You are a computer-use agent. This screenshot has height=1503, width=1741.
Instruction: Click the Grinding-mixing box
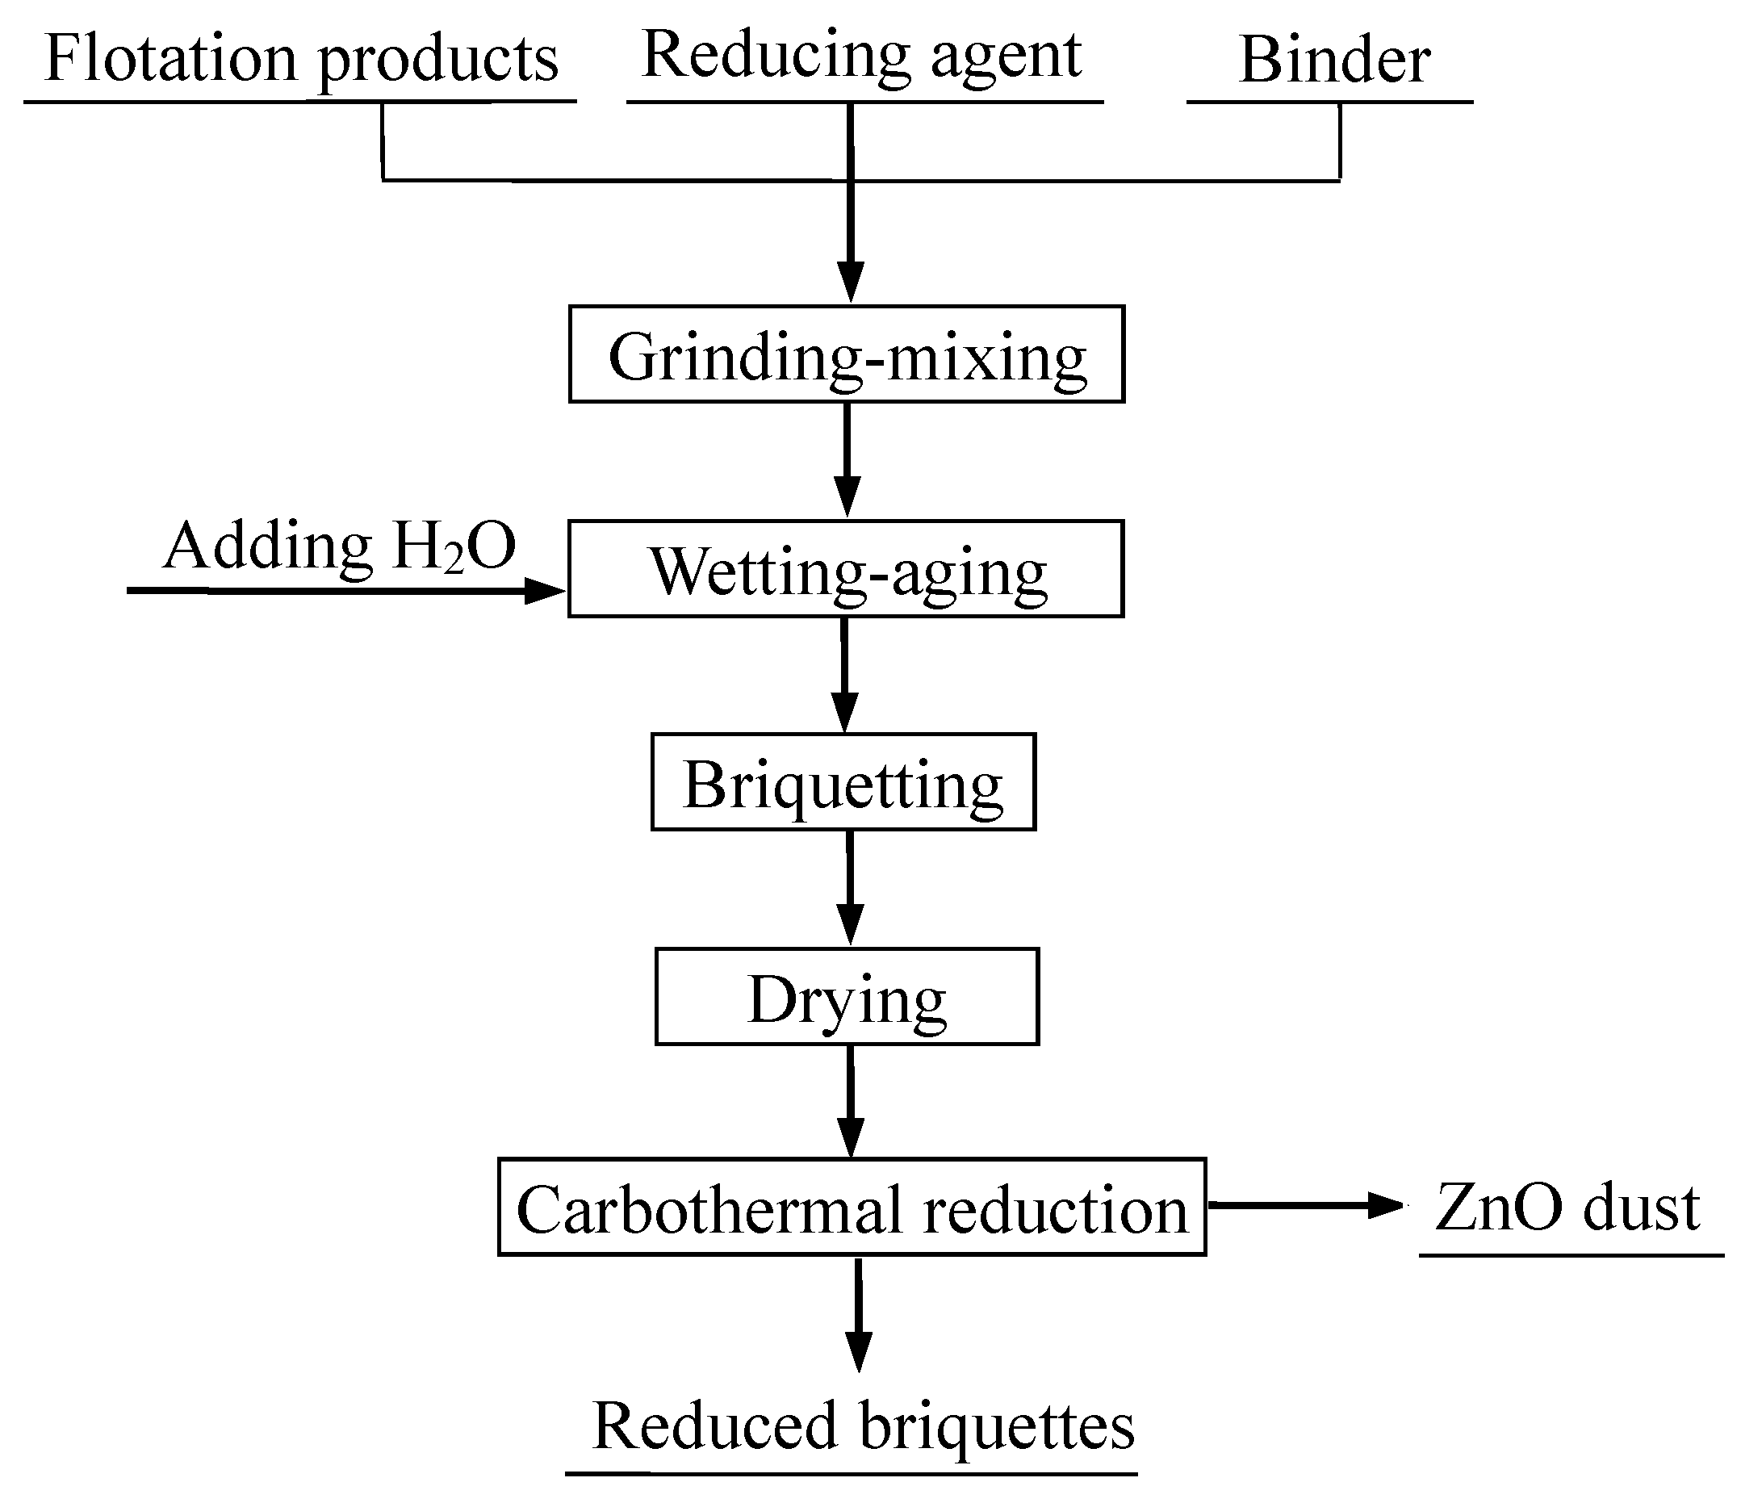click(846, 354)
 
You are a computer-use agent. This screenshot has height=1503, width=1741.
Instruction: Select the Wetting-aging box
click(845, 569)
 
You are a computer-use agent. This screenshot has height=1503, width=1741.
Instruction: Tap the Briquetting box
click(843, 782)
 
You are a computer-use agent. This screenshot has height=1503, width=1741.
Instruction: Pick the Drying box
click(847, 996)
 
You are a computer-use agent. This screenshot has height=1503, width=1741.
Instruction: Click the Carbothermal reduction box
click(852, 1208)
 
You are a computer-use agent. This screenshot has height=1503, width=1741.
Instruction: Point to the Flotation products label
click(301, 59)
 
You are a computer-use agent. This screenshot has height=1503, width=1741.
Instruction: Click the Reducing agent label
click(861, 56)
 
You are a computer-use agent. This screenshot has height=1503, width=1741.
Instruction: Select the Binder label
click(1334, 61)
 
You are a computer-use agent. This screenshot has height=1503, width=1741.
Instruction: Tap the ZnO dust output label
click(1567, 1208)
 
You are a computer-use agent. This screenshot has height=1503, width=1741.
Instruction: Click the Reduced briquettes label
click(864, 1426)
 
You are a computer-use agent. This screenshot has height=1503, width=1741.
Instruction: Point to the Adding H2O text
click(340, 546)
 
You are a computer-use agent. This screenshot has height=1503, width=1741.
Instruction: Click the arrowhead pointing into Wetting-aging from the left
click(545, 591)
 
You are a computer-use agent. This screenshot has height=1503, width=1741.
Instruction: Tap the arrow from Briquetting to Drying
click(851, 888)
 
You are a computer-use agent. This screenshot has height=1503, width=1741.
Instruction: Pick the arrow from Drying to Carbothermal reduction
click(852, 1101)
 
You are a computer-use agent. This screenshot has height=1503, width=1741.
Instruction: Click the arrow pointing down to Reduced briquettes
click(858, 1315)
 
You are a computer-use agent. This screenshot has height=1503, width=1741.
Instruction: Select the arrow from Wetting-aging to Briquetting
click(844, 675)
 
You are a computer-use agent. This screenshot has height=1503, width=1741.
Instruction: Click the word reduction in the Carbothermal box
click(1056, 1210)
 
